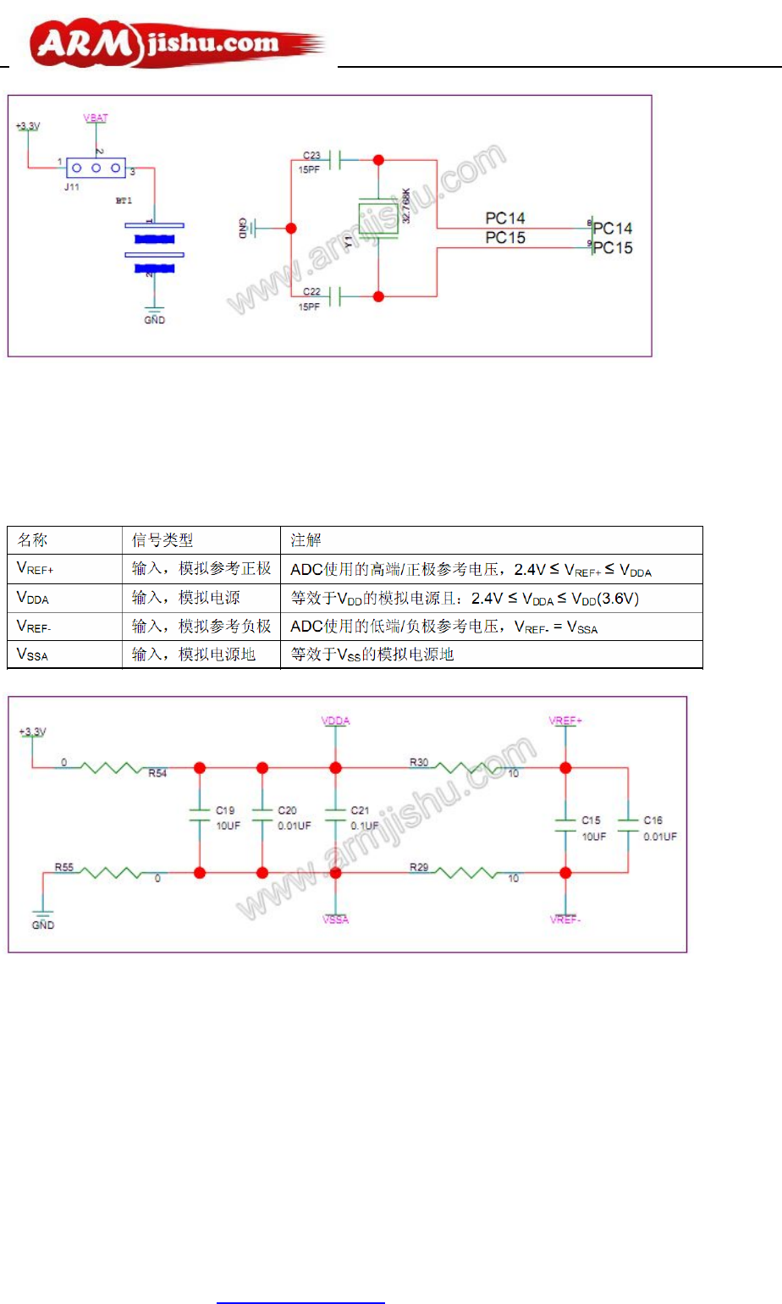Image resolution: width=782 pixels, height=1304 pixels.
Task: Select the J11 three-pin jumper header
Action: point(96,168)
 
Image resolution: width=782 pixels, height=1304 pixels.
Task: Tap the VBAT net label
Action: point(96,118)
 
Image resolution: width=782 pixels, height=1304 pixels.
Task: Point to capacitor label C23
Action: point(311,155)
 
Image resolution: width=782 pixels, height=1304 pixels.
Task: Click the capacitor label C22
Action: point(311,291)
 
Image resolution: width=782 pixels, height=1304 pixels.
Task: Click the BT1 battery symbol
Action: point(154,247)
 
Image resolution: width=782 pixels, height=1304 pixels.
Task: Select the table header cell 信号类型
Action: point(162,540)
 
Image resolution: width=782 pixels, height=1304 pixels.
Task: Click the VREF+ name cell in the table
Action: point(36,569)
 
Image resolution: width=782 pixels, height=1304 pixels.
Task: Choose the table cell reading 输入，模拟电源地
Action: point(194,655)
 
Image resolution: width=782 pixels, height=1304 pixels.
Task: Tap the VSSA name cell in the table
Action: point(33,655)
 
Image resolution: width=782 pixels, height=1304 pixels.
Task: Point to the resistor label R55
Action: point(64,867)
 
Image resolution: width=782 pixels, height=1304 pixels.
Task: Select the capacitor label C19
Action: point(225,810)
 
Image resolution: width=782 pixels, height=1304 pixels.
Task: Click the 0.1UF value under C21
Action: point(365,826)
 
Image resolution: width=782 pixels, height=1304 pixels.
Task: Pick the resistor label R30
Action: point(419,762)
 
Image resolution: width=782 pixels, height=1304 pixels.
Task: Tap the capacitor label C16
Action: point(653,820)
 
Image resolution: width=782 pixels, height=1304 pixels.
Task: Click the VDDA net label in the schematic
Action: point(336,721)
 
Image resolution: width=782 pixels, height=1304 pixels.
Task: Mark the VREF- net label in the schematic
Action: point(564,920)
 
